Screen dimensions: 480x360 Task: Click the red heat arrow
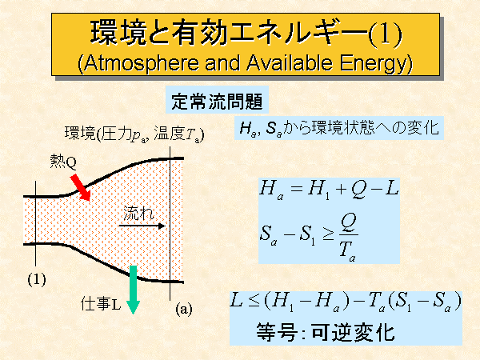pos(81,188)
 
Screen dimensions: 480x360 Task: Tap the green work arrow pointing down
pos(133,290)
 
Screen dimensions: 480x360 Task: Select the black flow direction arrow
pos(142,226)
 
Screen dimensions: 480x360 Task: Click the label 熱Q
pos(63,162)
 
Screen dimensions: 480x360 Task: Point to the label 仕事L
pos(101,304)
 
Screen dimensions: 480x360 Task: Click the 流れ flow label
pos(138,213)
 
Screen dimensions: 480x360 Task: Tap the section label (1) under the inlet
pos(37,279)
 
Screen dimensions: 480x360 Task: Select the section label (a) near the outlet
pos(184,309)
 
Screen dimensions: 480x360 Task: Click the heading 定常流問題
pos(217,102)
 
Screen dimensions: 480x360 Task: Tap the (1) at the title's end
pos(385,34)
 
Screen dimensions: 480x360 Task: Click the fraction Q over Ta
pos(348,238)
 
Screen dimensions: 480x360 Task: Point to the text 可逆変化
pos(353,332)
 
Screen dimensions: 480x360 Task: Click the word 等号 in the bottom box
pos(276,332)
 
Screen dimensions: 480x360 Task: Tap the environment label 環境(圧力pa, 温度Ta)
pos(134,134)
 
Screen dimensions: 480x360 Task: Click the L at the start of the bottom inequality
pos(237,300)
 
